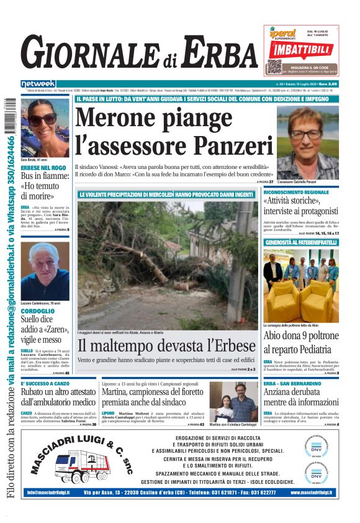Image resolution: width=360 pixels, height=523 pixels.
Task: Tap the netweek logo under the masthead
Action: pyautogui.click(x=38, y=83)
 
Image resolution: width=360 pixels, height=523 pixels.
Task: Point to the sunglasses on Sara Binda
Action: pyautogui.click(x=42, y=118)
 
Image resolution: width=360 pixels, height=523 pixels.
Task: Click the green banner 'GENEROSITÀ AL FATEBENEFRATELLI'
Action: pyautogui.click(x=301, y=242)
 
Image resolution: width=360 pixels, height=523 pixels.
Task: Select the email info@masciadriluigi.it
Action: pyautogui.click(x=48, y=493)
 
